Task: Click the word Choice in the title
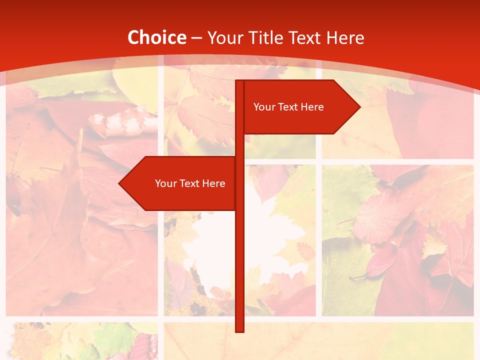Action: click(156, 37)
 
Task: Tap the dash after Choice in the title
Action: click(196, 38)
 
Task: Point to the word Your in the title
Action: click(225, 37)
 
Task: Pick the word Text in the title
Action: click(306, 37)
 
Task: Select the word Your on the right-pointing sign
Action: click(263, 107)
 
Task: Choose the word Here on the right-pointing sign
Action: click(312, 107)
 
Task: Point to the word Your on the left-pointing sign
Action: click(165, 183)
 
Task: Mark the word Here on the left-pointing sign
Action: click(213, 183)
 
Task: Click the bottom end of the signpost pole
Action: click(239, 330)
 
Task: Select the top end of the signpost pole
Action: click(239, 82)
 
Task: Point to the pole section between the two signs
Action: click(239, 145)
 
